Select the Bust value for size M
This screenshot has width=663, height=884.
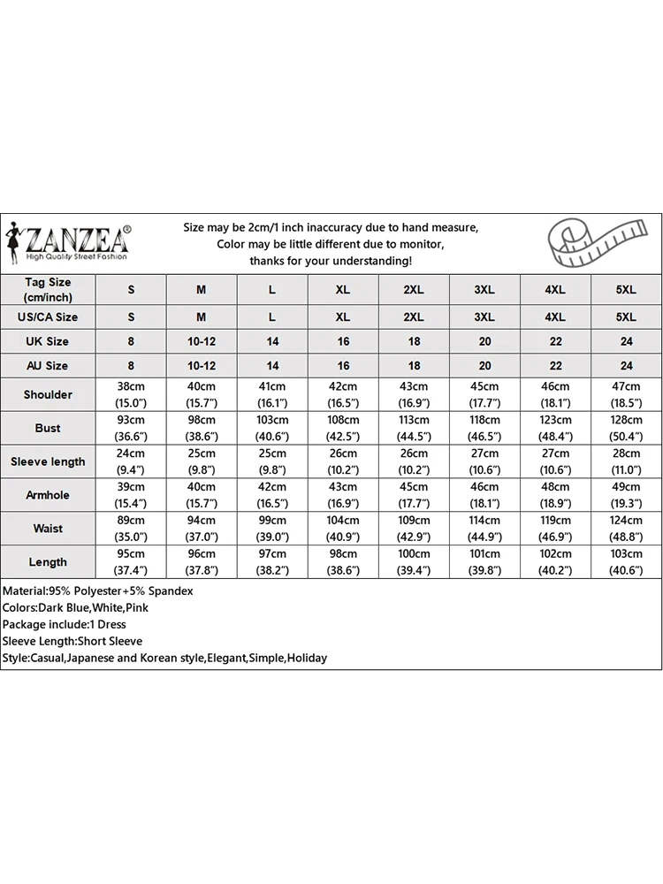point(201,428)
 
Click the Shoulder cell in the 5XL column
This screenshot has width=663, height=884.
point(626,394)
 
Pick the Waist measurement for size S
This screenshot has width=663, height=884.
point(131,529)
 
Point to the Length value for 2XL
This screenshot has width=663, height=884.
point(414,562)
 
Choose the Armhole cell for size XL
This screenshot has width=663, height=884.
point(343,495)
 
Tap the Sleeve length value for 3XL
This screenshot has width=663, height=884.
point(484,461)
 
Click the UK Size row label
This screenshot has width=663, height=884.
point(48,341)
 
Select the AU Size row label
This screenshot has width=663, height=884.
point(48,365)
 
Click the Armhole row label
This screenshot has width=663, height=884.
point(48,495)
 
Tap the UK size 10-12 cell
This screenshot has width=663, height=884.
point(201,341)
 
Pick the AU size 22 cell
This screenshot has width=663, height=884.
point(555,365)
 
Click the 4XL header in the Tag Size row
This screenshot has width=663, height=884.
point(555,290)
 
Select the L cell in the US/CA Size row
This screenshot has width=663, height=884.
point(272,316)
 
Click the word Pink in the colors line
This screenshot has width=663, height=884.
point(137,607)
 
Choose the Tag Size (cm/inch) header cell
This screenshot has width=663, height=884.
point(48,290)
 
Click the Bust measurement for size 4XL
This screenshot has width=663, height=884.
point(555,428)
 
